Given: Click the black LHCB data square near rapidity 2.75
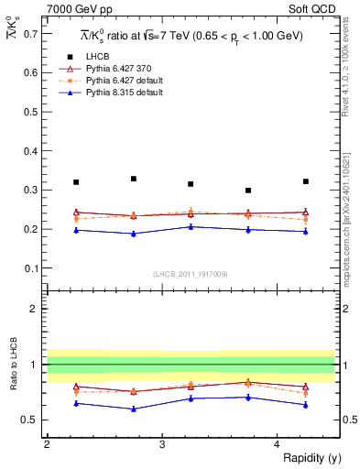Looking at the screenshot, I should (x=134, y=179).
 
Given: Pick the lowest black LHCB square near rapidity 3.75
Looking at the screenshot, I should (x=248, y=191).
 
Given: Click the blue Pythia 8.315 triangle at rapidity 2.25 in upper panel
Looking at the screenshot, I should (x=76, y=230).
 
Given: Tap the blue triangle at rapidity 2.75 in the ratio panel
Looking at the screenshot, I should (x=134, y=409).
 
